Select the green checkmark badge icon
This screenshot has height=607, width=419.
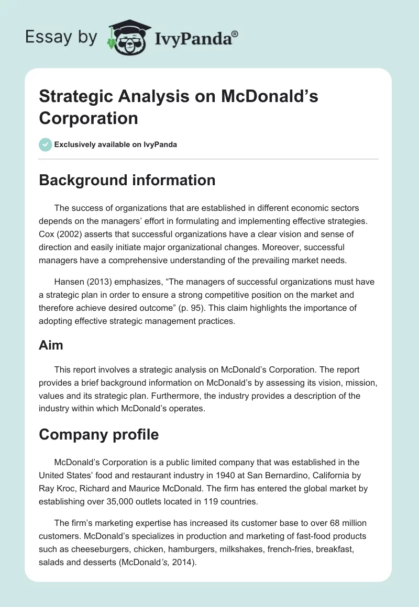46,144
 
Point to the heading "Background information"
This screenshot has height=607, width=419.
127,180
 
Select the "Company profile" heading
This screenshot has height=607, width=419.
98,434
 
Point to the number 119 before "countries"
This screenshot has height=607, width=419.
208,501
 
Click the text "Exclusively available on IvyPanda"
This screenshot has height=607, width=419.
116,144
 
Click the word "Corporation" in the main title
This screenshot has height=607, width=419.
89,118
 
